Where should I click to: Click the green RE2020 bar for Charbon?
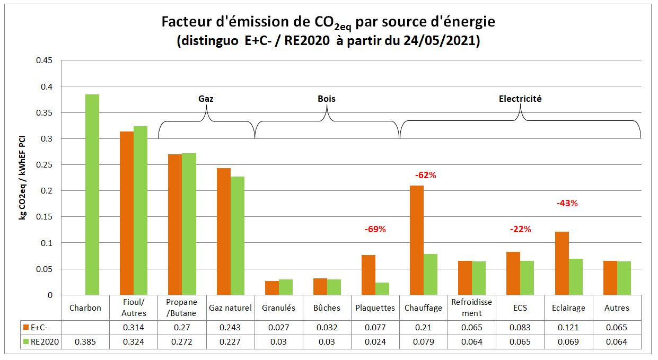point(92,195)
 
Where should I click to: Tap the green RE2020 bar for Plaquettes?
point(382,288)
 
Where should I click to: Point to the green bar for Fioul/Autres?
point(141,210)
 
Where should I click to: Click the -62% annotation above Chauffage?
point(425,175)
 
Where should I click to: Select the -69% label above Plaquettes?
point(375,230)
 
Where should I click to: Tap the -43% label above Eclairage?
point(567,203)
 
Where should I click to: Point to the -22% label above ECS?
point(520,230)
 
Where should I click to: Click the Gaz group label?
point(206,99)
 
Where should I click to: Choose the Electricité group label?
point(520,99)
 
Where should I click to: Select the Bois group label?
point(327,99)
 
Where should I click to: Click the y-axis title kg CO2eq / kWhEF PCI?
point(23,178)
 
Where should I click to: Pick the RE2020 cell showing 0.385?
point(85,342)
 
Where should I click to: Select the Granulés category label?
point(278,308)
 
